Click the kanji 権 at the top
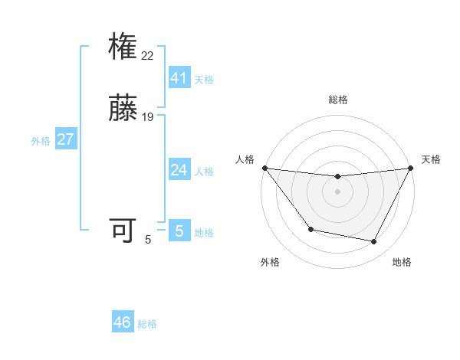(123, 47)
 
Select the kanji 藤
(123, 109)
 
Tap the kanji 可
(123, 231)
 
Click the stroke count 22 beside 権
(148, 55)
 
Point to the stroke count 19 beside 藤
(148, 116)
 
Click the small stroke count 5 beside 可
(148, 239)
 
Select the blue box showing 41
(179, 77)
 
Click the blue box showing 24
(179, 169)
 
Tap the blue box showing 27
(66, 139)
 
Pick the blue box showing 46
(123, 322)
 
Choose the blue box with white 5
(179, 231)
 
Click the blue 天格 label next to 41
(204, 80)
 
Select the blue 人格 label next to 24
(204, 172)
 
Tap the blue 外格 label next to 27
(41, 141)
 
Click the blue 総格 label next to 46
(147, 324)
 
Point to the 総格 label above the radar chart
(337, 100)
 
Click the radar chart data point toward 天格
(412, 168)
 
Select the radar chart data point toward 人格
(264, 168)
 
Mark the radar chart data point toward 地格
(374, 242)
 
